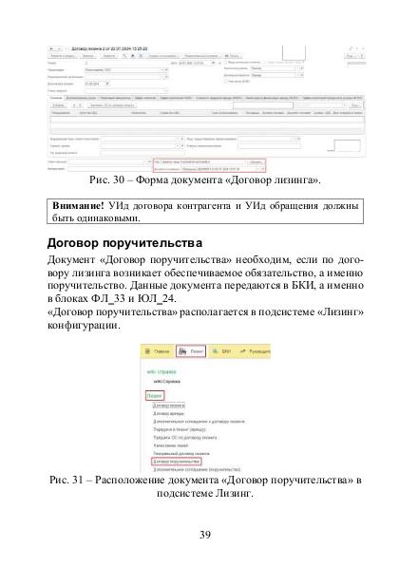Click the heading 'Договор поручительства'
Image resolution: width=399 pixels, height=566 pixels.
(x=117, y=244)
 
